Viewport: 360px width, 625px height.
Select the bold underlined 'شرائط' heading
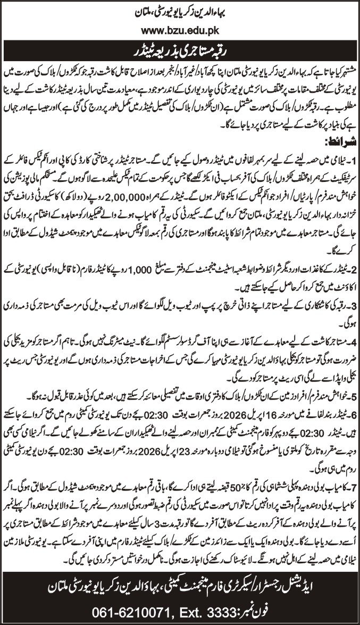tap(339, 142)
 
